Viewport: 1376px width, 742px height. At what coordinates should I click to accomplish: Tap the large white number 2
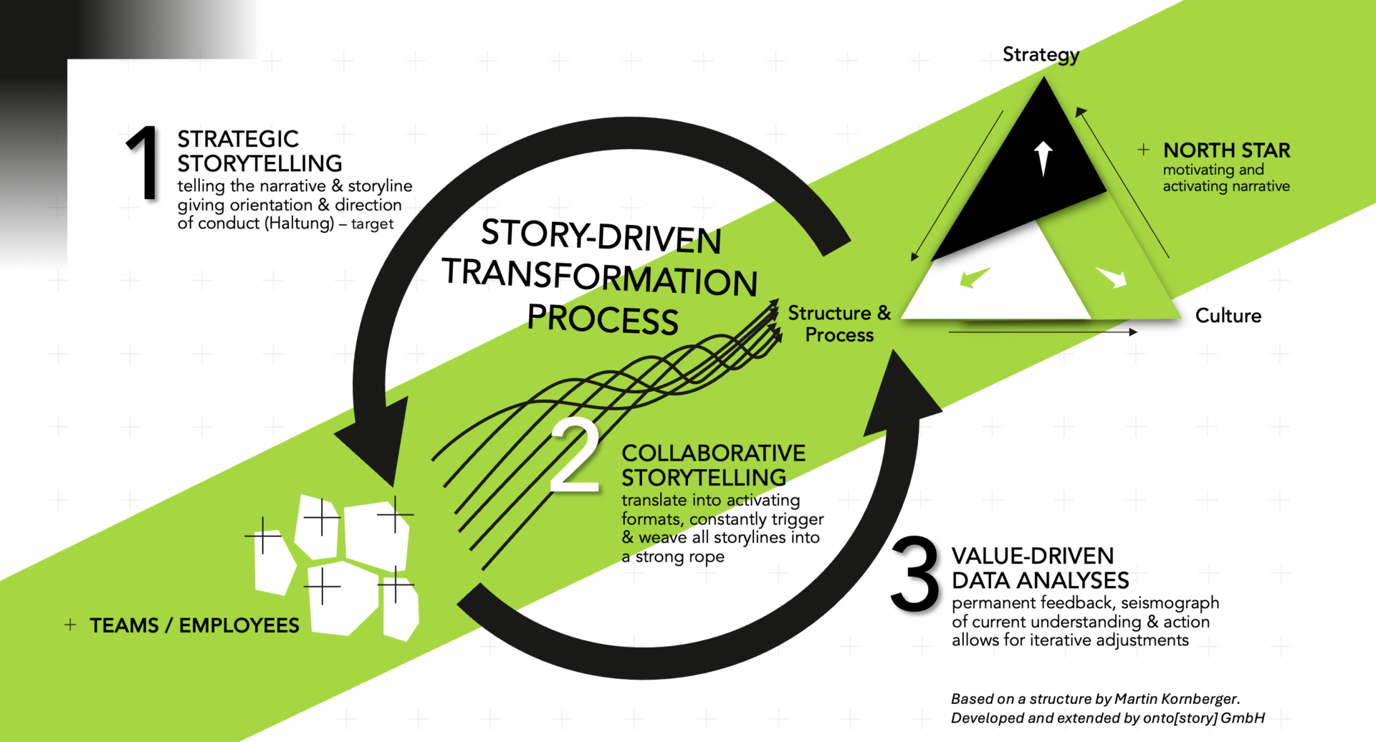(x=575, y=457)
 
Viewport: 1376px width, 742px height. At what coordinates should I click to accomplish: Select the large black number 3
(x=915, y=574)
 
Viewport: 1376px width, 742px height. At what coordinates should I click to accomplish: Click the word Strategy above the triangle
(x=1041, y=54)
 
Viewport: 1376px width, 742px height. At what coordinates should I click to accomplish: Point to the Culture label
(x=1228, y=316)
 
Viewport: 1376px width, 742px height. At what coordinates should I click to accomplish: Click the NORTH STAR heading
(x=1226, y=150)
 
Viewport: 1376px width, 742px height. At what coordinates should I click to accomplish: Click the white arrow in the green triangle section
(x=1112, y=276)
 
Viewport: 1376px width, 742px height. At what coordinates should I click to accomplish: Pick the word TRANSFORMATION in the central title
(x=600, y=277)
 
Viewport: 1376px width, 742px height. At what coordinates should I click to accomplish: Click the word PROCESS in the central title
(x=603, y=319)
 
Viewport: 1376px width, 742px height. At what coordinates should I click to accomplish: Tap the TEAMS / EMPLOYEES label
(x=194, y=625)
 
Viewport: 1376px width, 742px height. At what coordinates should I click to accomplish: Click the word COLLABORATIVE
(x=713, y=453)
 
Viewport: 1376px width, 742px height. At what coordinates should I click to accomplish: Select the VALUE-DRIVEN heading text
(x=1032, y=556)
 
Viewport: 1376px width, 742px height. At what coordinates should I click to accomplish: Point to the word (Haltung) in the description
(x=299, y=223)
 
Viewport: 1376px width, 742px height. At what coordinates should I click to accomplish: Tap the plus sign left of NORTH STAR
(x=1144, y=150)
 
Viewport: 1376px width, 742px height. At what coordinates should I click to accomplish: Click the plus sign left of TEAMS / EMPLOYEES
(x=70, y=625)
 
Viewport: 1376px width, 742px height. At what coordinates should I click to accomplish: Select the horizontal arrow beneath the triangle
(x=1043, y=332)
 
